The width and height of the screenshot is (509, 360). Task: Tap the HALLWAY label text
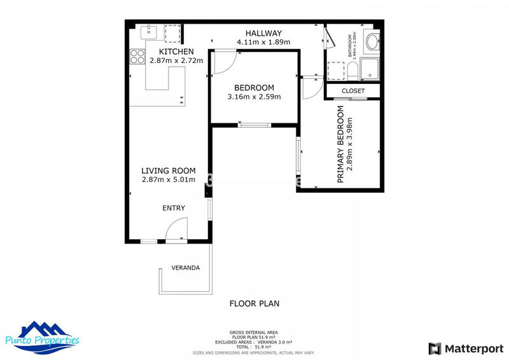(263, 33)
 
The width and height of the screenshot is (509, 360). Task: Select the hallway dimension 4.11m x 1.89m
(263, 43)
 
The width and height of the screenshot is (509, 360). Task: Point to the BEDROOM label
(254, 88)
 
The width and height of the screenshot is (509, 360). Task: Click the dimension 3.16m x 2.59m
(254, 97)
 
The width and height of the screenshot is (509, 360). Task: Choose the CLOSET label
(353, 91)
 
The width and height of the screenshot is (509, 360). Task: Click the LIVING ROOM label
(168, 170)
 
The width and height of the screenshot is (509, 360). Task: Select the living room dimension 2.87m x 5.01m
(168, 180)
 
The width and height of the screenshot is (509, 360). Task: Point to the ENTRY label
(174, 208)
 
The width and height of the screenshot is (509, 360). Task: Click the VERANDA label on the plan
(186, 268)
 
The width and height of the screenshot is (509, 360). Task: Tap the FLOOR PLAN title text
(254, 303)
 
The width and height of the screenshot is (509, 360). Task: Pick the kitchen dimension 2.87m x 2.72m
(176, 61)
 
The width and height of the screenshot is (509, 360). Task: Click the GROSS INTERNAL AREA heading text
(254, 332)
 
